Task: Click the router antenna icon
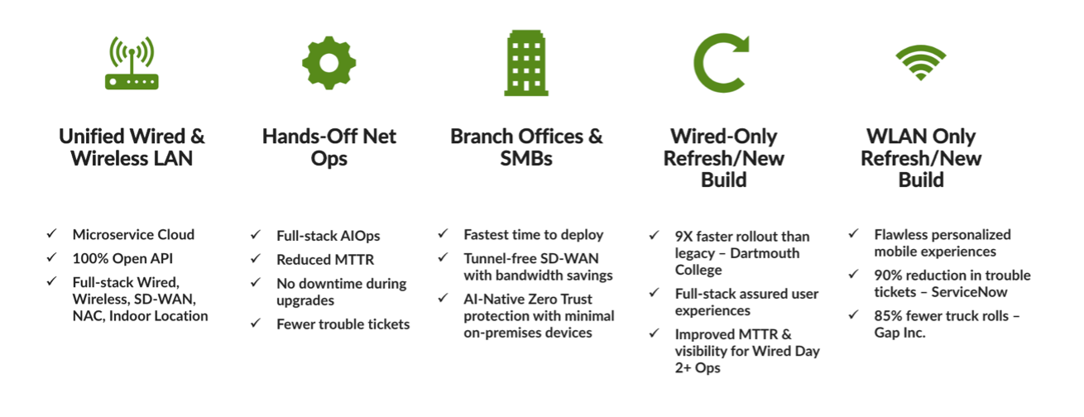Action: [132, 63]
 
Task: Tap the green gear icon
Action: [329, 63]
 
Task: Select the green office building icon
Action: [526, 63]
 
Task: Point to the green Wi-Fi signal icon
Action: [921, 63]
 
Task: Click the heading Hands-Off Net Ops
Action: [329, 147]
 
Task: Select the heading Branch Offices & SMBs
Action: [526, 147]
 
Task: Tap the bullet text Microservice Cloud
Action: [133, 235]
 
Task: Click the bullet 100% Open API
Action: [122, 258]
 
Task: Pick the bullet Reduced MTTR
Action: [325, 260]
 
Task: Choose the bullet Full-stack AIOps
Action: [329, 236]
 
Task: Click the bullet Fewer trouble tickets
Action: [343, 324]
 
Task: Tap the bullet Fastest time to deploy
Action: [533, 235]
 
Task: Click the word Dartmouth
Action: [765, 253]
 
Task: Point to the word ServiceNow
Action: [969, 292]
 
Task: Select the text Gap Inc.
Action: [899, 333]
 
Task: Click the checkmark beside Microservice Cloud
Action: [52, 233]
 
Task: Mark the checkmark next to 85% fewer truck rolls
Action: [854, 315]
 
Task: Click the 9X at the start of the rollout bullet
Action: [683, 237]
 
